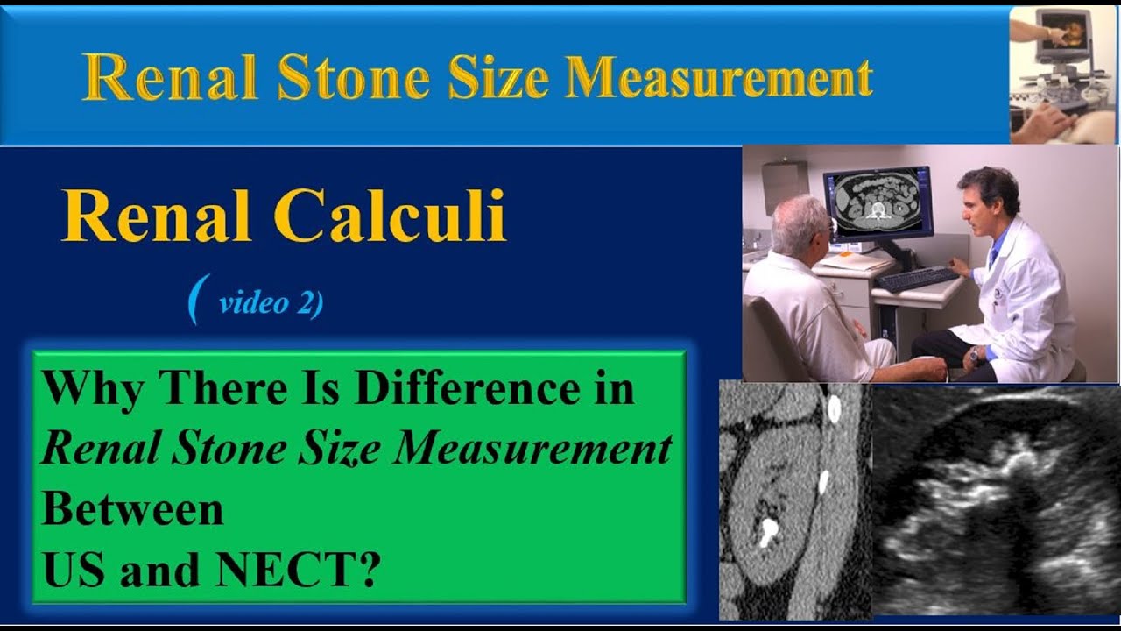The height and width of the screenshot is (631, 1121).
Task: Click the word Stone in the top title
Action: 353,79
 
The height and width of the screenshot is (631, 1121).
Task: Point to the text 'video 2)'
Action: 271,303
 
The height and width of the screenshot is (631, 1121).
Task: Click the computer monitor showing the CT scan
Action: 877,202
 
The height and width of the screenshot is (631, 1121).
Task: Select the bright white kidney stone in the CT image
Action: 768,529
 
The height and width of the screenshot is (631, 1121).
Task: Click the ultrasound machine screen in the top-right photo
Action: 1062,32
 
